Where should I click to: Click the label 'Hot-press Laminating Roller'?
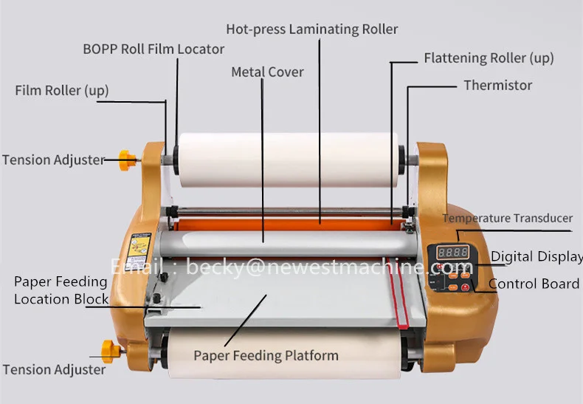[311, 30]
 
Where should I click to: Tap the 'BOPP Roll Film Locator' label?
[153, 49]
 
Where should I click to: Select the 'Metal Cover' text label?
[267, 72]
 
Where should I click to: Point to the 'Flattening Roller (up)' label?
[489, 58]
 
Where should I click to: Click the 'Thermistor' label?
[497, 85]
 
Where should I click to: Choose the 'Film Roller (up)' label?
[62, 91]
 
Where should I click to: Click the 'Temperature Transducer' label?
[507, 218]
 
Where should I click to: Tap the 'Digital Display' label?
[537, 257]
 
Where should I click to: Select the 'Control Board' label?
[534, 284]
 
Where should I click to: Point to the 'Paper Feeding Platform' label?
[266, 355]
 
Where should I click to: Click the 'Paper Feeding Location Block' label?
[61, 290]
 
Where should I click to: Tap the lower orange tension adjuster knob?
[111, 346]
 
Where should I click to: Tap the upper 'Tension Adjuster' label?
[53, 160]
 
